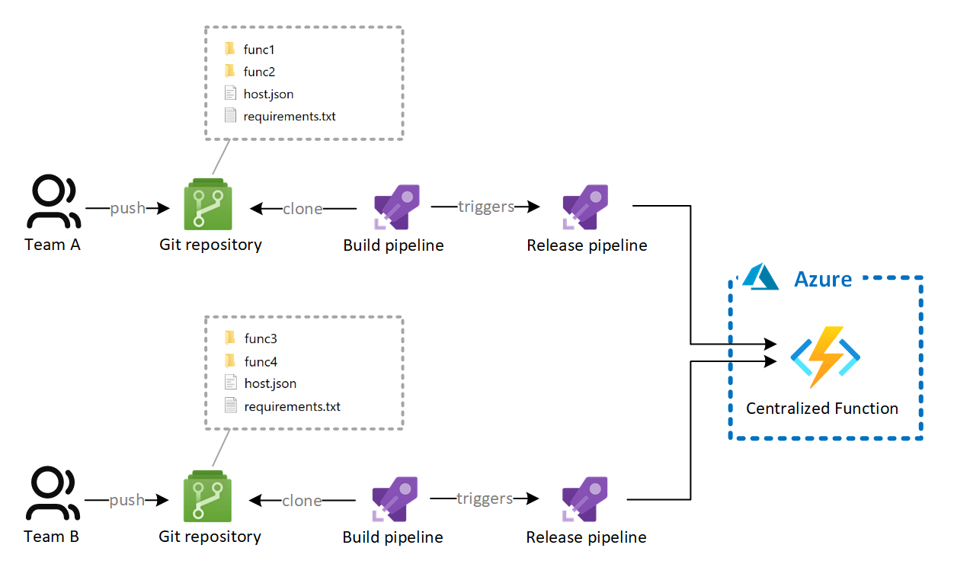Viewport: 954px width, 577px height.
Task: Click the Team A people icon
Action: [53, 203]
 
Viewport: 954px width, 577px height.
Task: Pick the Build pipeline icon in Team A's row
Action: [396, 207]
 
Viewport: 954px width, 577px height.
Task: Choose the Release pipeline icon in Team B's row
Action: [584, 498]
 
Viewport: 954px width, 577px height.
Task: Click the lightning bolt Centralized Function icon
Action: [824, 357]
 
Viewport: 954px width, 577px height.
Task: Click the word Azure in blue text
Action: [823, 279]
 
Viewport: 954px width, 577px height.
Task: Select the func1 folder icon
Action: [230, 50]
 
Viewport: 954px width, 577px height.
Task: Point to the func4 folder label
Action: [260, 361]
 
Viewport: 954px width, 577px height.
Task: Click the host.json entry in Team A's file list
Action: [268, 95]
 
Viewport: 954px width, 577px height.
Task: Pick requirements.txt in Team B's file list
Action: [292, 406]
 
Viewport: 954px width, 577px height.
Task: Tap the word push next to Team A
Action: [127, 208]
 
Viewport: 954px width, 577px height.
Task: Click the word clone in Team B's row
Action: [302, 501]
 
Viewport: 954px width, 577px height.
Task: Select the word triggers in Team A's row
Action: [485, 207]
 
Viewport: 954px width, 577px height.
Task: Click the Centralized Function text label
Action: [821, 409]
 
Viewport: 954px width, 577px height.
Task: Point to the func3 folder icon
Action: [230, 338]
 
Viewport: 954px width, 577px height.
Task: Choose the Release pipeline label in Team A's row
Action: [587, 245]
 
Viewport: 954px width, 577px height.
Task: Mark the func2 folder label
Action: [259, 72]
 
